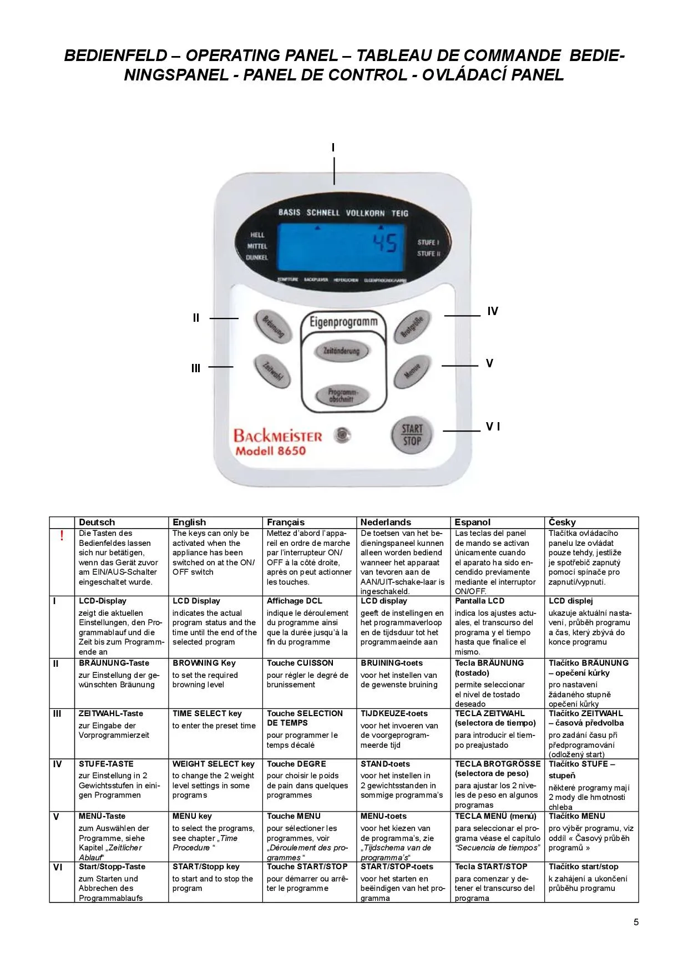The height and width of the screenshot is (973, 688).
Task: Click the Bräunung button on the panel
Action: pos(272,326)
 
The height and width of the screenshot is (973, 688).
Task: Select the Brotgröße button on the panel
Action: pos(412,326)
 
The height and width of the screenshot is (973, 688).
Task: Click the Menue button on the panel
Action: pos(412,370)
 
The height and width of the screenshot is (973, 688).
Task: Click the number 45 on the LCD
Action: pos(385,243)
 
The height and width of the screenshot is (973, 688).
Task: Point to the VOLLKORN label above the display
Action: pos(365,213)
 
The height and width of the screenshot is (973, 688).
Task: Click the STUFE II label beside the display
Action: pos(428,254)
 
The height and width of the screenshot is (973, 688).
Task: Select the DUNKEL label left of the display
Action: pos(257,257)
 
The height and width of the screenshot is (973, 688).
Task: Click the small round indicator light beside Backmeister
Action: pos(343,435)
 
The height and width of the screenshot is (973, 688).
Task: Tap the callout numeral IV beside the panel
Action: pos(493,311)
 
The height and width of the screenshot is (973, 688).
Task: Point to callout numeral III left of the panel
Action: pos(196,368)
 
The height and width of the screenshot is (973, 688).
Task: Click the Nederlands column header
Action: pos(386,522)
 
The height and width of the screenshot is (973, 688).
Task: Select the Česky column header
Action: pos(562,522)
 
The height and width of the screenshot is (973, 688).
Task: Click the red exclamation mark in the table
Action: pos(62,535)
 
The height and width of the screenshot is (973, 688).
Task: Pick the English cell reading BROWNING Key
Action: pos(204,663)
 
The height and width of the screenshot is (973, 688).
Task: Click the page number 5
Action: pos(636,922)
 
